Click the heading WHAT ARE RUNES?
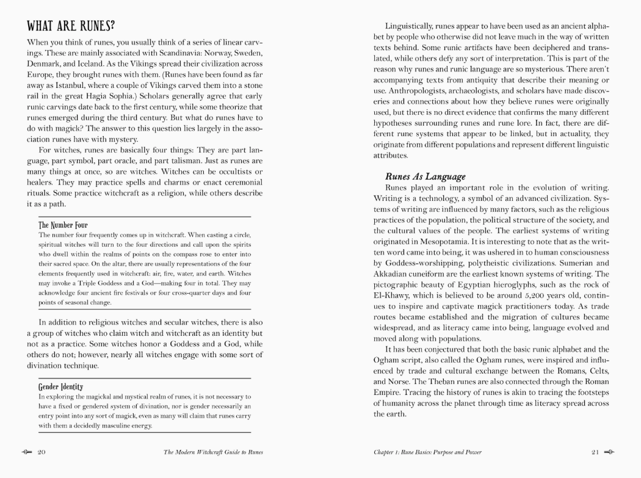[x=71, y=27]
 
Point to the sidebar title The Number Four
[x=63, y=225]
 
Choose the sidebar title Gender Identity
[x=61, y=386]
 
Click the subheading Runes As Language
[x=426, y=176]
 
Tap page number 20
[x=42, y=452]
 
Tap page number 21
[x=595, y=452]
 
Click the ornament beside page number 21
[x=609, y=452]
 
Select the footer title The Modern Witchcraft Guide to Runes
[x=213, y=452]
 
